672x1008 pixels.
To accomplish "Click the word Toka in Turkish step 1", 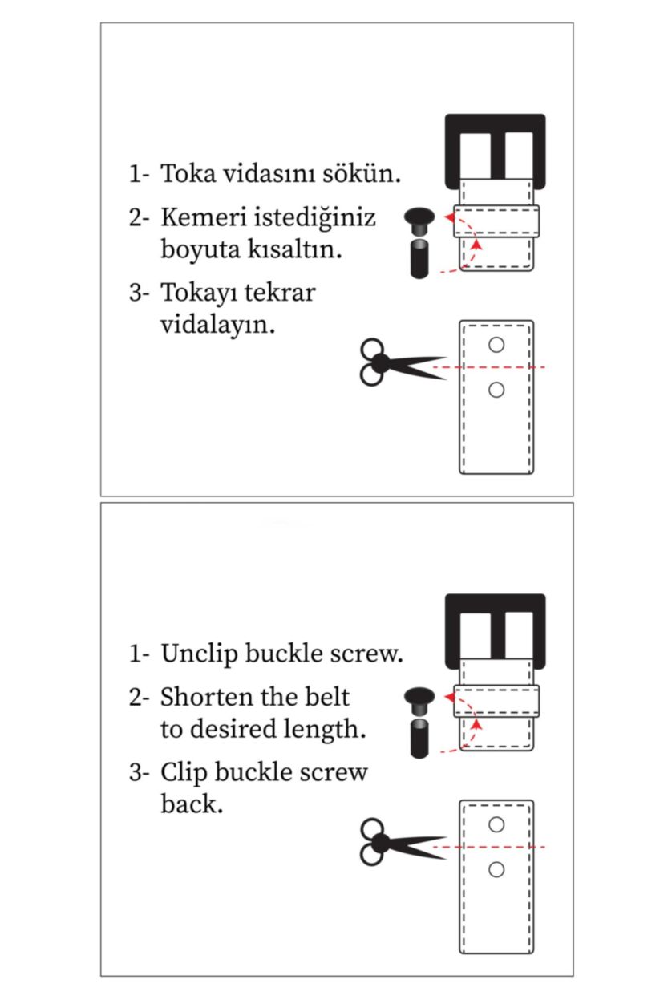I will pos(184,173).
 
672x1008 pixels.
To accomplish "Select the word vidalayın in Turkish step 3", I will pos(217,325).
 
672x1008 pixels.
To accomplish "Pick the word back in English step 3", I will pos(190,804).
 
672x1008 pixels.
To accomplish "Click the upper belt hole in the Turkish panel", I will pos(496,345).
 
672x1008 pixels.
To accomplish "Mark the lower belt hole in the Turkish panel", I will pos(496,390).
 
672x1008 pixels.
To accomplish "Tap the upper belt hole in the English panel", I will pos(496,824).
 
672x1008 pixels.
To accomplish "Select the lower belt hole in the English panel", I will pos(496,869).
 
